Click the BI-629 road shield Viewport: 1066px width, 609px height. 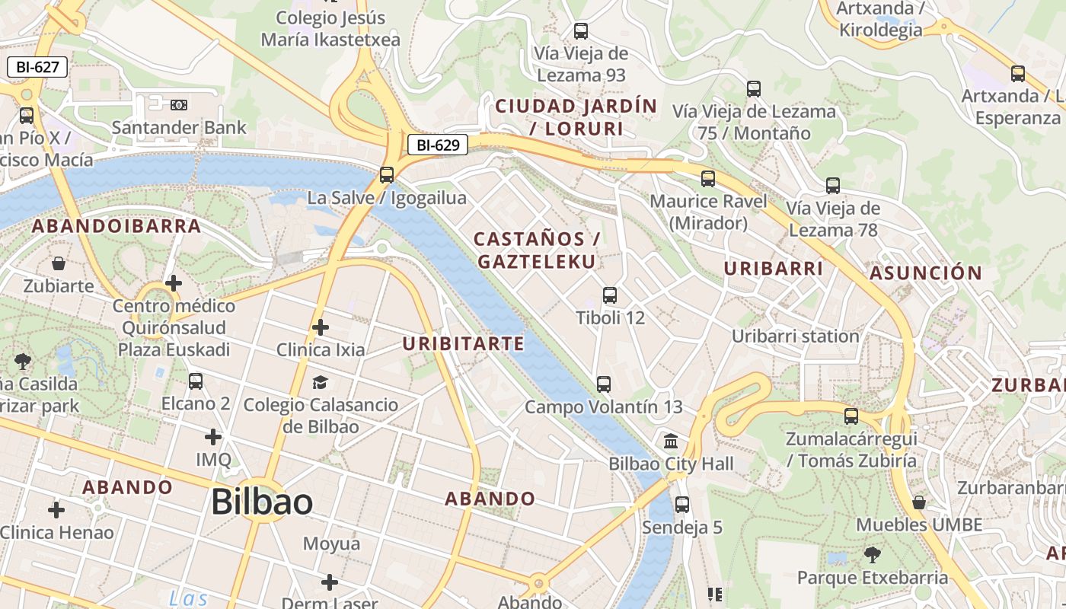(x=437, y=145)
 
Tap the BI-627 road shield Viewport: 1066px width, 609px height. (x=37, y=67)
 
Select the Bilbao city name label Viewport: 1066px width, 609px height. (x=261, y=502)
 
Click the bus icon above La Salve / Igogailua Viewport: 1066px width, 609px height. (x=387, y=175)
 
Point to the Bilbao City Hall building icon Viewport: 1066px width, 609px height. (x=672, y=442)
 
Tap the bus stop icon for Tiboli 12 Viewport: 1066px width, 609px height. (x=610, y=295)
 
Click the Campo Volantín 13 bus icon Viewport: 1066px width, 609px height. (x=604, y=384)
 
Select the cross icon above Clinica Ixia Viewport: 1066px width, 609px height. (x=321, y=327)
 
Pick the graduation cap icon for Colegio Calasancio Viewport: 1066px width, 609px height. (x=321, y=382)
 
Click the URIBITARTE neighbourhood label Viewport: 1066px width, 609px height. (x=464, y=343)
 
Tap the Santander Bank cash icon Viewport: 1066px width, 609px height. (x=179, y=104)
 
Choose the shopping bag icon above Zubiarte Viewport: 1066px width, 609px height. (x=59, y=264)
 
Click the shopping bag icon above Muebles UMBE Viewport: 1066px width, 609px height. (x=919, y=502)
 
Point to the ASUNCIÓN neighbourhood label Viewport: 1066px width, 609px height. (x=926, y=273)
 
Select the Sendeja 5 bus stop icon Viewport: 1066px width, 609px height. (x=682, y=505)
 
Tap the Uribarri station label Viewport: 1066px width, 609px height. (x=795, y=336)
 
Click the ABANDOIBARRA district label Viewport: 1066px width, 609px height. (x=116, y=226)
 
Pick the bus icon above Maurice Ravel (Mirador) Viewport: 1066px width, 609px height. (x=708, y=179)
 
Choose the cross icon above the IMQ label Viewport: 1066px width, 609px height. (x=213, y=437)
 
